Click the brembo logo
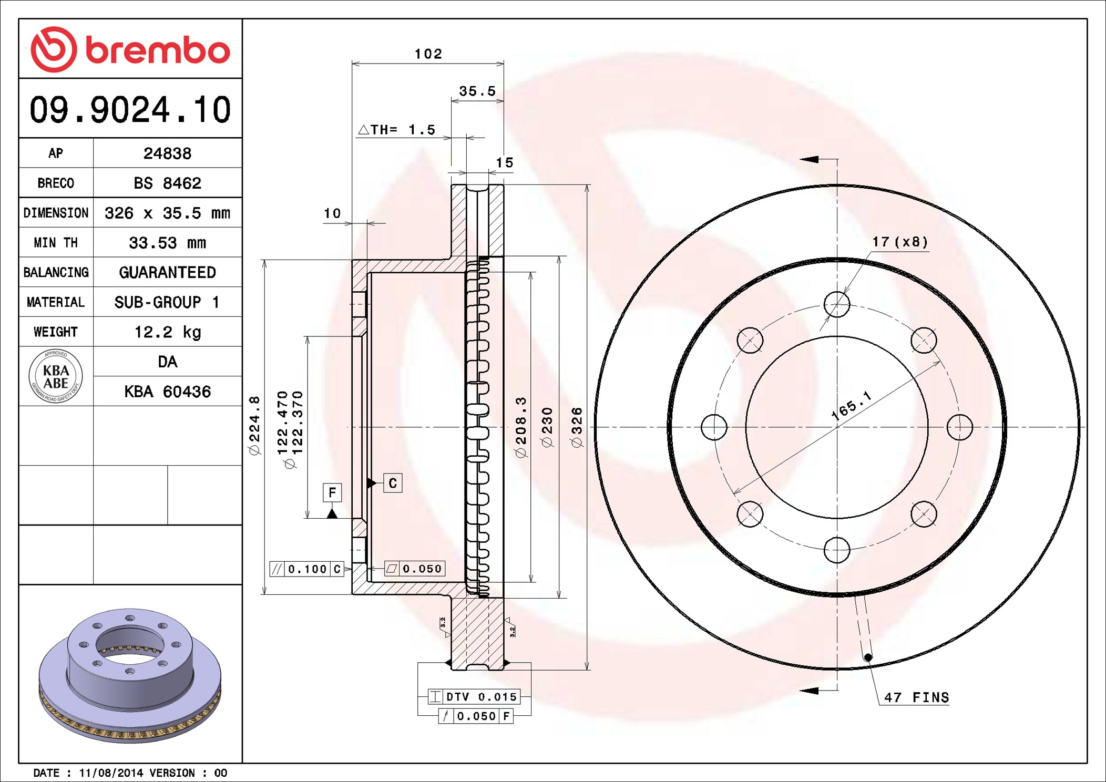coord(130,49)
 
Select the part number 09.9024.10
coord(130,109)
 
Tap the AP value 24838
coord(167,153)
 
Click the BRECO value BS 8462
coord(167,183)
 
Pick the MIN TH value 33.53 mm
coord(167,243)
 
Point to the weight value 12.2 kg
coord(167,332)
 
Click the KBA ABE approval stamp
coord(56,376)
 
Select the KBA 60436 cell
coord(167,392)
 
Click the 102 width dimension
coord(428,54)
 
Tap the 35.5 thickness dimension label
coord(477,91)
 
